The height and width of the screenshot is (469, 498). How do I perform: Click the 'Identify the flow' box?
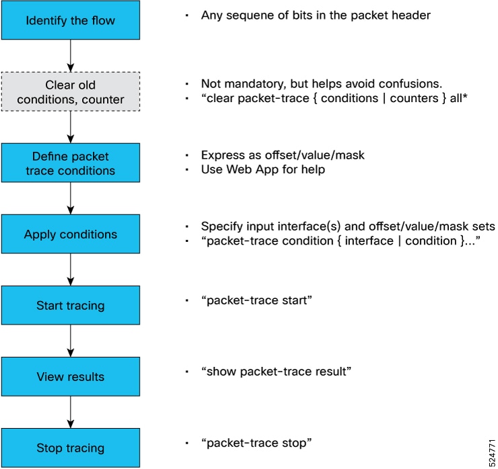(x=70, y=20)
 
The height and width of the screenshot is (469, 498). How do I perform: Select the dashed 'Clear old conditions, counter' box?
(x=70, y=92)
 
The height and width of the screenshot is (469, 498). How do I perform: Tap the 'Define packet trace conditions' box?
(x=70, y=163)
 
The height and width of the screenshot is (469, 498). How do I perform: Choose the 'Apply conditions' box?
(x=70, y=234)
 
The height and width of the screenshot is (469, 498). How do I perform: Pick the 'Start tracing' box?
(x=70, y=306)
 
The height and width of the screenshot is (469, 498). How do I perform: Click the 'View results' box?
(x=70, y=377)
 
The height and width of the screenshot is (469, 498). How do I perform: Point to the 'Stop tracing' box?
(x=70, y=448)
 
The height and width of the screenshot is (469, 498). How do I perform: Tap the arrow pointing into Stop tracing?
(x=70, y=412)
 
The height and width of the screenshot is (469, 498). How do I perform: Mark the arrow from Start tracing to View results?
(x=70, y=341)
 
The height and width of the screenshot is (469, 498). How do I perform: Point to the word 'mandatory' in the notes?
(x=248, y=84)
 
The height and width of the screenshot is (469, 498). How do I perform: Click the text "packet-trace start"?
(x=256, y=300)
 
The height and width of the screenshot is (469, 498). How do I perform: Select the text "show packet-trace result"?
(x=276, y=371)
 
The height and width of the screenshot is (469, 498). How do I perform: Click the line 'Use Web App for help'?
(x=262, y=169)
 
